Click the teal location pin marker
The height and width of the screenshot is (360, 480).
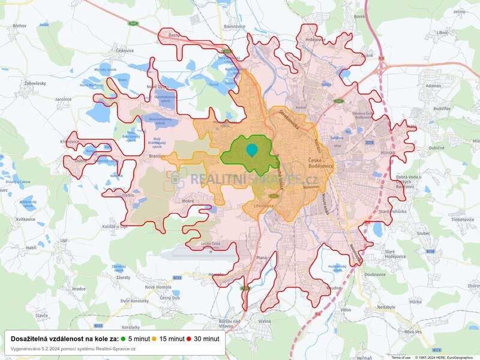pos(252,150)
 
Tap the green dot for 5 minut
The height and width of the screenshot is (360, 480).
pos(124,338)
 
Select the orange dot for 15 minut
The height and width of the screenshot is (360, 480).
pos(155,338)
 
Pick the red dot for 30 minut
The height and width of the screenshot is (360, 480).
pos(189,338)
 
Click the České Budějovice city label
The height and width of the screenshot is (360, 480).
pos(323,164)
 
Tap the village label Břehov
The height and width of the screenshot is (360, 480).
pos(19,26)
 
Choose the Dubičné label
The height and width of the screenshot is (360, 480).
pos(436,148)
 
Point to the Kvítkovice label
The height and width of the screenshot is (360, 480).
pos(26,220)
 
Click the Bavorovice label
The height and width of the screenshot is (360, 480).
pos(235,27)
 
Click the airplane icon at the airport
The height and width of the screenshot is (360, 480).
pos(211,251)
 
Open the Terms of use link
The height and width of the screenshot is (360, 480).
pos(401,357)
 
